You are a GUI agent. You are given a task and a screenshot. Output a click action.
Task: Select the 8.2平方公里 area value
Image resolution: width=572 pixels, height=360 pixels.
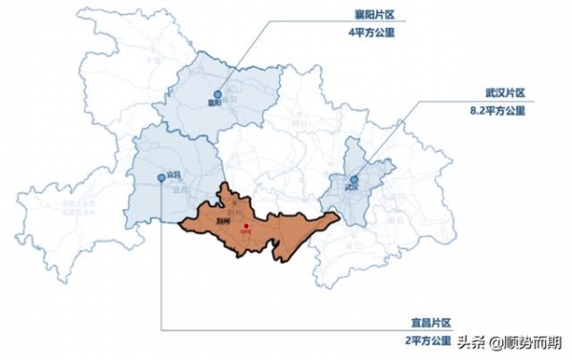(499, 111)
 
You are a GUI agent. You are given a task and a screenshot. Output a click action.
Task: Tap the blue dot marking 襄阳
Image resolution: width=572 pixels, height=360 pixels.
(217, 95)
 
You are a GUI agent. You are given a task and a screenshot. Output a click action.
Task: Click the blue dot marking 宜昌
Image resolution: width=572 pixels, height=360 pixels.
(159, 178)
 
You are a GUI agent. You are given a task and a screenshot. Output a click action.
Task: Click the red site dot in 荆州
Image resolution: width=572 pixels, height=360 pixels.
(245, 226)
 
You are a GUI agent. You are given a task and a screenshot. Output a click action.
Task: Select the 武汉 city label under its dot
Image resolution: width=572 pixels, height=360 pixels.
(353, 188)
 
